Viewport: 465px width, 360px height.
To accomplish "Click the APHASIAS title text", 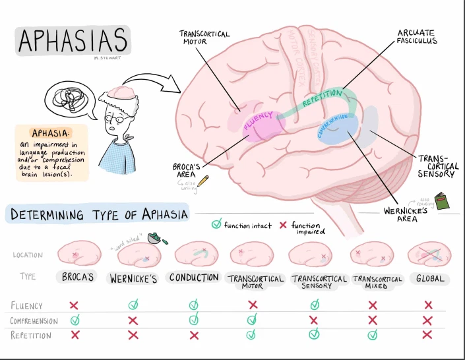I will [x=73, y=41].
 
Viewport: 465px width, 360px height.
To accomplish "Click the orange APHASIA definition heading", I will [x=51, y=133].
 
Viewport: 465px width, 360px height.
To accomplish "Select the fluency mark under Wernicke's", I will [x=133, y=305].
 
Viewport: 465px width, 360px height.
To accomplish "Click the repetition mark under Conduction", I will [x=193, y=335].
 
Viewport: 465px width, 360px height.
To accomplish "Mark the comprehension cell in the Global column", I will [x=429, y=320].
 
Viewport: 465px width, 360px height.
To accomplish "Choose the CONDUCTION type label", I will [x=193, y=278].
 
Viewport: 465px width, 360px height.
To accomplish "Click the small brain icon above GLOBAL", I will [x=429, y=254].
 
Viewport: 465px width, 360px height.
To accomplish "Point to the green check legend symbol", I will [x=216, y=225].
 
